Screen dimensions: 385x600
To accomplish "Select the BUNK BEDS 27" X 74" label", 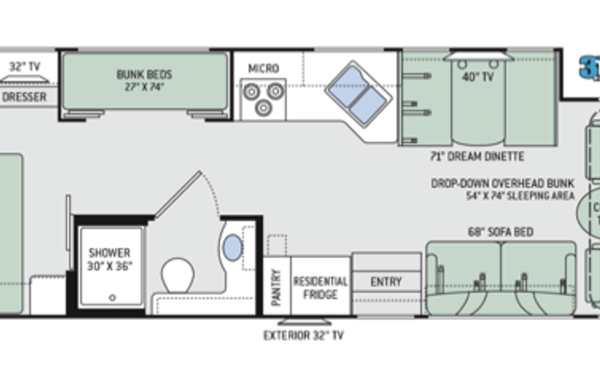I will [x=144, y=80].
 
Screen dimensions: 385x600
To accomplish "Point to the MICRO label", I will [x=263, y=68].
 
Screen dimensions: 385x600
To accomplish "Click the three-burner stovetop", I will [x=263, y=99].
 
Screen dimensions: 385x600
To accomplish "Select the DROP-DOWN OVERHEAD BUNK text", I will [x=503, y=183].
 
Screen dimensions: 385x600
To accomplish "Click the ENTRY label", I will [x=386, y=282].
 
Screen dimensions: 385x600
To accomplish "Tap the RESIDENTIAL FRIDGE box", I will [x=320, y=286].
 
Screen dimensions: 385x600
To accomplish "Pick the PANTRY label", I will [x=276, y=287].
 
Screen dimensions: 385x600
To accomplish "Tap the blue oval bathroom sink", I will [x=233, y=248].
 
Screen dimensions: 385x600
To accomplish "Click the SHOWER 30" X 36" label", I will [x=110, y=259].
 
